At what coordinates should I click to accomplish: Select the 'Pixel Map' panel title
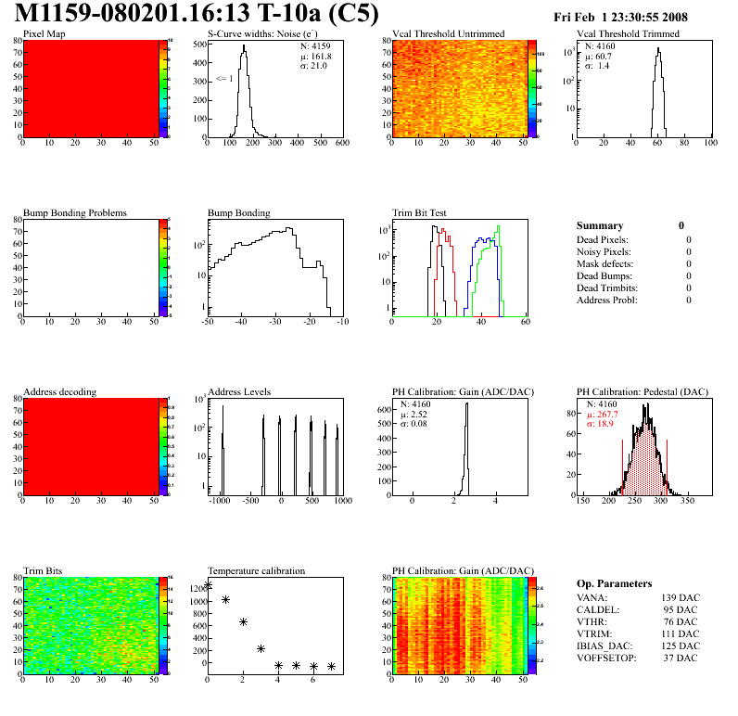pos(45,34)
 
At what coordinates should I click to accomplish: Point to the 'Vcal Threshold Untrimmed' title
pos(449,34)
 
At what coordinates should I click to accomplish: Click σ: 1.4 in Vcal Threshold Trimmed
pos(596,66)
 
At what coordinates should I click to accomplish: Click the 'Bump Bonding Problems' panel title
pos(75,213)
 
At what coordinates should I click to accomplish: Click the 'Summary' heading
pos(600,225)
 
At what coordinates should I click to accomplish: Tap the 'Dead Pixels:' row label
pos(603,240)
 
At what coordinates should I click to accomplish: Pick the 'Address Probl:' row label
pos(607,300)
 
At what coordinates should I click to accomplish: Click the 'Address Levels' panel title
pos(240,392)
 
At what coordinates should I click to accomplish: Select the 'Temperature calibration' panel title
pos(257,571)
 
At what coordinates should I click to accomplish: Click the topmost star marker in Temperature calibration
pos(208,585)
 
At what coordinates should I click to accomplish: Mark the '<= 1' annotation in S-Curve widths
pos(224,79)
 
